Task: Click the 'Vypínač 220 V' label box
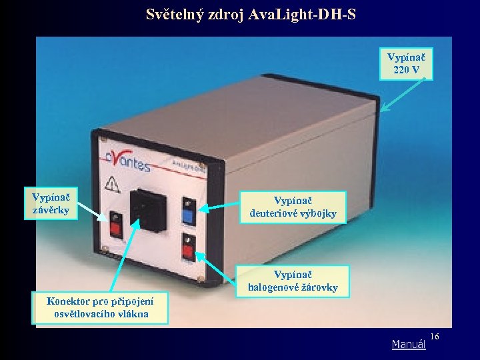pos(406,63)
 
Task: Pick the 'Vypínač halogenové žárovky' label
pos(293,281)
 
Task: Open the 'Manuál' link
pos(408,345)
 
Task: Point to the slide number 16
pos(435,337)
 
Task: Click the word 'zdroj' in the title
pos(224,13)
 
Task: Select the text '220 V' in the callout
pos(406,69)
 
